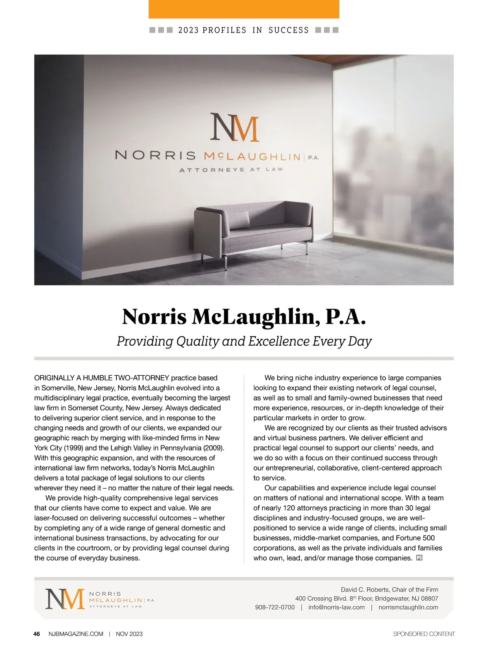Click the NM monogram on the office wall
(235, 128)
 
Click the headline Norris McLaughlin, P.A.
(244, 317)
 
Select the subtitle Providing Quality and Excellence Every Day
(244, 341)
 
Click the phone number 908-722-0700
(275, 607)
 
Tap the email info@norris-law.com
(336, 607)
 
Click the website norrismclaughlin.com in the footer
(408, 607)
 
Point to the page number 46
(37, 634)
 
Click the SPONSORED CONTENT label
(424, 634)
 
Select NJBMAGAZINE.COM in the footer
(76, 634)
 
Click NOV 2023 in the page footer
(129, 634)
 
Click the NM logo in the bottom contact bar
(65, 599)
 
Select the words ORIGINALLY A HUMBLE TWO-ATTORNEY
(102, 378)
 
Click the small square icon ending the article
(420, 558)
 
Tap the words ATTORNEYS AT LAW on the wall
(231, 170)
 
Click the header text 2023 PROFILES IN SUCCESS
(244, 30)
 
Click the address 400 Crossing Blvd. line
(366, 599)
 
